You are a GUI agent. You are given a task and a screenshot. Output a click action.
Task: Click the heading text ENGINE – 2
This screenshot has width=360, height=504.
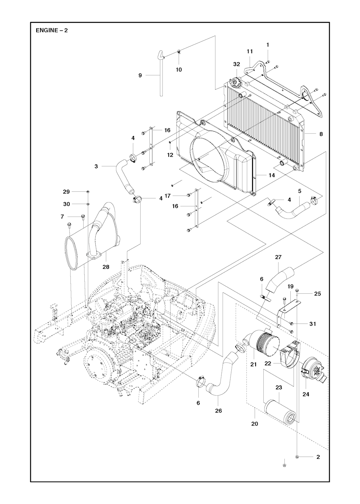[x=52, y=30]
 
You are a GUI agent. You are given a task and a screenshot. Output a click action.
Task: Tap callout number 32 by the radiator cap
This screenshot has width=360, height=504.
[x=237, y=64]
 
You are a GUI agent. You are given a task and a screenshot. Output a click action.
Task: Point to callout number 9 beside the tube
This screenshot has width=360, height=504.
[x=140, y=75]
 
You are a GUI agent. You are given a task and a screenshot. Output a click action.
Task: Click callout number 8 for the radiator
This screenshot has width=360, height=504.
[x=321, y=134]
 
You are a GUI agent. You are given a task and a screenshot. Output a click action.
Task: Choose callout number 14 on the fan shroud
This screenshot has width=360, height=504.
[x=272, y=175]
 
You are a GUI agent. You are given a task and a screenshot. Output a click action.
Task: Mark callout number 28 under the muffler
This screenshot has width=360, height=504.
[x=106, y=267]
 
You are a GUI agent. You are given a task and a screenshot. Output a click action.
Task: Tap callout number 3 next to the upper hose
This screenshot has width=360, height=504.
[x=96, y=166]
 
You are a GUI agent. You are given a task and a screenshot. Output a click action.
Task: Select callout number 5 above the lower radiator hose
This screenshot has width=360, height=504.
[x=300, y=191]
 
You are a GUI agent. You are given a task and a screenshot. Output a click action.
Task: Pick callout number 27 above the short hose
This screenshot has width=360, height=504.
[x=278, y=257]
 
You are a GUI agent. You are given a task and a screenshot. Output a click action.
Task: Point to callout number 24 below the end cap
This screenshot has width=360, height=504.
[x=306, y=394]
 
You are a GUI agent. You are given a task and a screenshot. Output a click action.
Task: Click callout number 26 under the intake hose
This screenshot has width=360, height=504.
[x=218, y=411]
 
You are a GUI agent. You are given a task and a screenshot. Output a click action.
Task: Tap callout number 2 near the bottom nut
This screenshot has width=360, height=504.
[x=318, y=457]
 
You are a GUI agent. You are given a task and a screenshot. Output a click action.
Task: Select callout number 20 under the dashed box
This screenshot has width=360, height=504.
[x=255, y=424]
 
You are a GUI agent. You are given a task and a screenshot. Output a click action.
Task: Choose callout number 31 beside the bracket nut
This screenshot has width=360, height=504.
[x=313, y=324]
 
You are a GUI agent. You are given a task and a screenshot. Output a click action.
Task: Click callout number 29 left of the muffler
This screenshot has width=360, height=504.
[x=66, y=192]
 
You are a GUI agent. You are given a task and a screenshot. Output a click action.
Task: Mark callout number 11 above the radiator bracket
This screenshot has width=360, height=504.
[x=250, y=51]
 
